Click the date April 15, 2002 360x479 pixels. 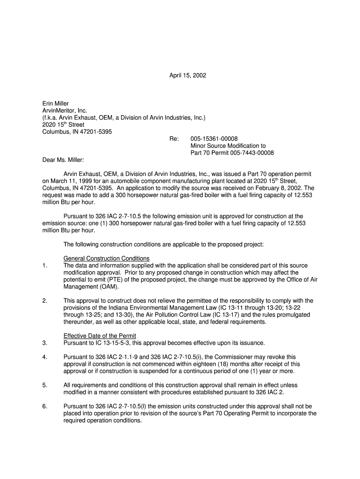187,75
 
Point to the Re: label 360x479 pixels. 174,139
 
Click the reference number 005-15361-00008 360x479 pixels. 214,139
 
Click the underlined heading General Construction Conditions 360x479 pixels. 107,258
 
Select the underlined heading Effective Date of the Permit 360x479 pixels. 100,336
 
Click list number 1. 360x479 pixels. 44,266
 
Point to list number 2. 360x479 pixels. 44,301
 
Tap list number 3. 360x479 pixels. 44,343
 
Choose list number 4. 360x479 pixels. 44,357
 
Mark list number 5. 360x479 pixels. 44,385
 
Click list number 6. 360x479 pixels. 44,406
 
